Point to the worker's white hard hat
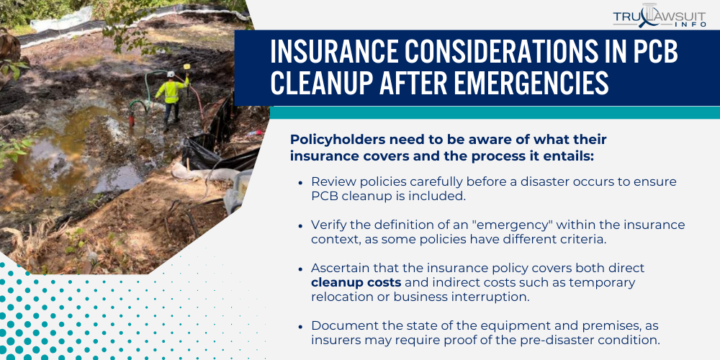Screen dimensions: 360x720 point(171,74)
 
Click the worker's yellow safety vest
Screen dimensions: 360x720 point(171,91)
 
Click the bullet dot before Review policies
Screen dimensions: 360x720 point(300,183)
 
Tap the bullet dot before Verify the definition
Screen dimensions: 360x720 point(300,225)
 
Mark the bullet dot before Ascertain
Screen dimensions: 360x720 point(300,268)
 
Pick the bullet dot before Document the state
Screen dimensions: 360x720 point(300,325)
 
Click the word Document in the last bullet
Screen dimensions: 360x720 point(341,325)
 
